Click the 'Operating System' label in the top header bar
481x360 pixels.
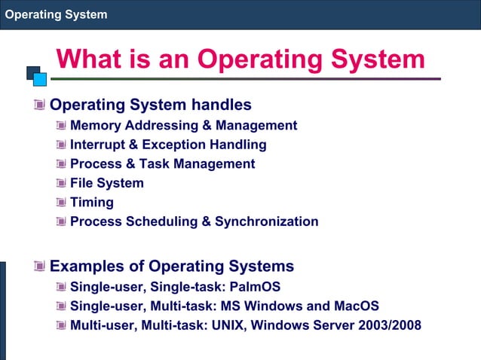56,14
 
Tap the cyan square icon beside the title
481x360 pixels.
41,78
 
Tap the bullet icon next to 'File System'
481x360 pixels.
60,183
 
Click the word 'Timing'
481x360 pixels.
92,203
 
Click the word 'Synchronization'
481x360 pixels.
266,221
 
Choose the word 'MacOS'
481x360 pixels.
354,307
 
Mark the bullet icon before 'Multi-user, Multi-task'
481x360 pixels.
60,325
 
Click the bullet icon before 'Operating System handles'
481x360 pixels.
39,105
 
